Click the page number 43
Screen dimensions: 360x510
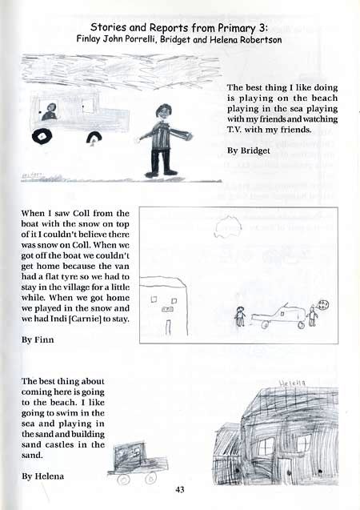pyautogui.click(x=181, y=489)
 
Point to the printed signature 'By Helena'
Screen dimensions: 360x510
pyautogui.click(x=44, y=476)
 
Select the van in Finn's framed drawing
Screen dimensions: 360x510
pyautogui.click(x=278, y=316)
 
